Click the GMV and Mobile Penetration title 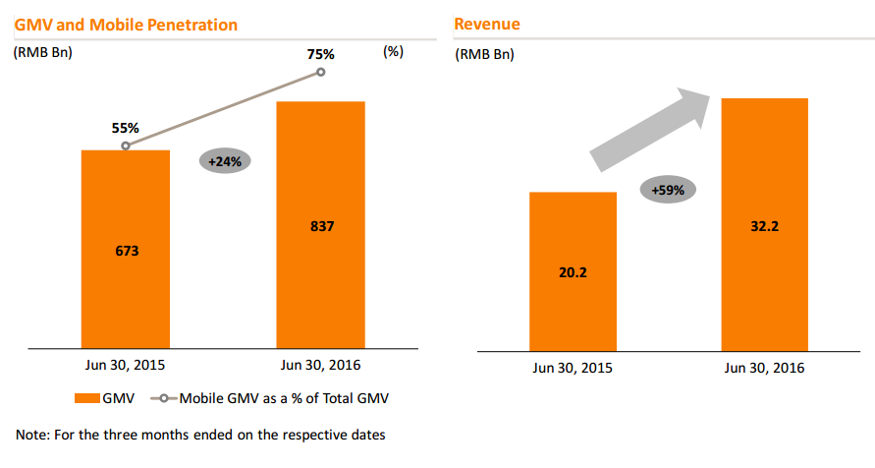click(126, 24)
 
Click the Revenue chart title click(487, 24)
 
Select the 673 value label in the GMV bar click(127, 251)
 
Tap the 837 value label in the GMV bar click(321, 226)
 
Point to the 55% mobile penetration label click(126, 128)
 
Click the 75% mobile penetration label click(321, 54)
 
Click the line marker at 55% click(126, 146)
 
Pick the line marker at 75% click(321, 73)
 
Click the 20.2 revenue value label click(573, 272)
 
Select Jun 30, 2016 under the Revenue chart click(764, 368)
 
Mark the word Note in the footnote click(30, 434)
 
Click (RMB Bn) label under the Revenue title click(484, 54)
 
